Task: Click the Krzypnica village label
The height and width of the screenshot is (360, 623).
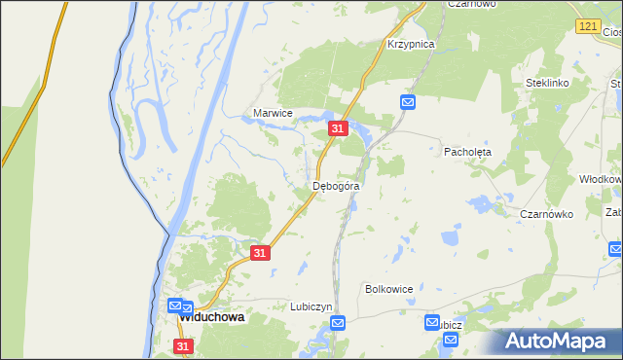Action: click(x=410, y=44)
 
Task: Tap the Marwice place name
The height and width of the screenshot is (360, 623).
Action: click(x=273, y=113)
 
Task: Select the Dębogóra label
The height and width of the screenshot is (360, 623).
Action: click(x=337, y=185)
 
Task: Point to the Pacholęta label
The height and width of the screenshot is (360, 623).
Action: click(x=468, y=152)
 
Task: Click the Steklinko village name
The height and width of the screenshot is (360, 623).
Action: click(x=546, y=84)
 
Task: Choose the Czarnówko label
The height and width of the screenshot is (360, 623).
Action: click(x=546, y=214)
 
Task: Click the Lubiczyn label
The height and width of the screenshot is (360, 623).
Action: click(x=311, y=306)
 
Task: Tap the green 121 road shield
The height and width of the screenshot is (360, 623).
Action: click(x=586, y=26)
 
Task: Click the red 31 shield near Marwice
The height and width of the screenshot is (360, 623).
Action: click(x=337, y=128)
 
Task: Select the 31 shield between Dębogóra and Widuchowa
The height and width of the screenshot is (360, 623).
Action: click(x=259, y=253)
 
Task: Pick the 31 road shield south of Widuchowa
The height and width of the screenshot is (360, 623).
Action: click(x=184, y=345)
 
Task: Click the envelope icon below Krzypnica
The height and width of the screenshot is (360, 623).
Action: click(x=408, y=102)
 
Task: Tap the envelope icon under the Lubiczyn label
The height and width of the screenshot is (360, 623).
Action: click(x=337, y=323)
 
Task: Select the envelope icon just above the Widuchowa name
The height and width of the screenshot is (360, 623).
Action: click(x=175, y=304)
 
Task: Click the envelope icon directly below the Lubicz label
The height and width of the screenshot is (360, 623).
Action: click(x=451, y=339)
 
